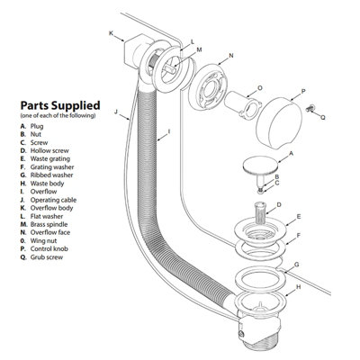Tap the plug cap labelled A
(260, 166)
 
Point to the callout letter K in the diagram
(111, 33)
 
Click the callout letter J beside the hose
(117, 112)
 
